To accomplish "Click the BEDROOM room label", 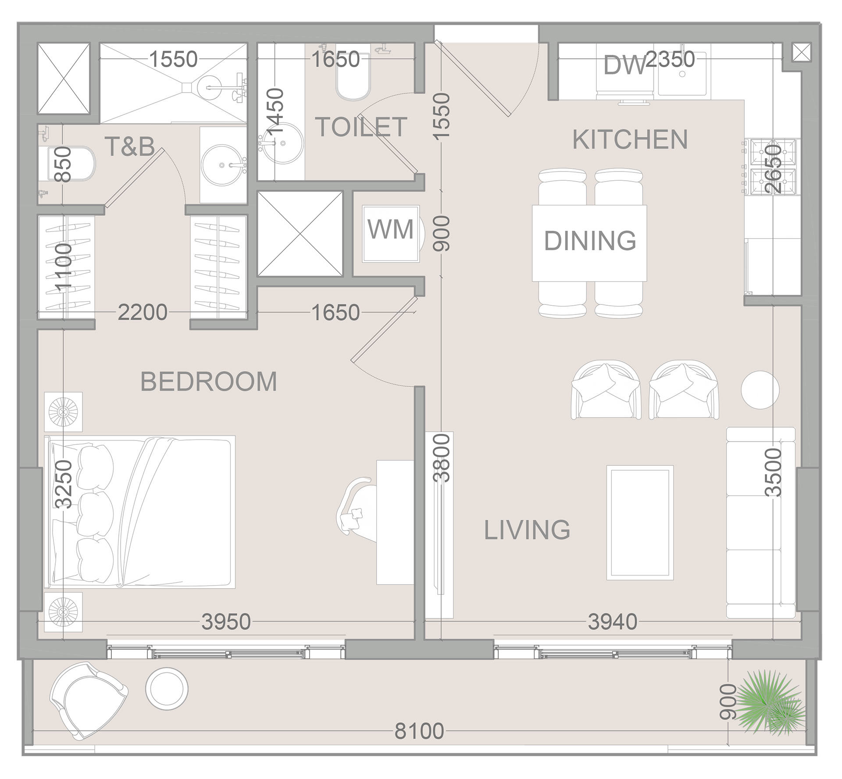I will point(208,381).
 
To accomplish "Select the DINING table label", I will point(589,240).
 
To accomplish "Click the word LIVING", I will point(527,530).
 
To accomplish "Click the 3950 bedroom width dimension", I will point(226,622).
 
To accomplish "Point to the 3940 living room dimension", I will point(612,622).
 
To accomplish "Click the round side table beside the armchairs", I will point(760,389).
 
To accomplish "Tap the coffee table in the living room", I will point(640,522).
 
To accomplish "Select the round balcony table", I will point(167,687).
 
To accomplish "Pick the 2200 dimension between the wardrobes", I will point(143,312).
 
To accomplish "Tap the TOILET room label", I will point(361,127).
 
